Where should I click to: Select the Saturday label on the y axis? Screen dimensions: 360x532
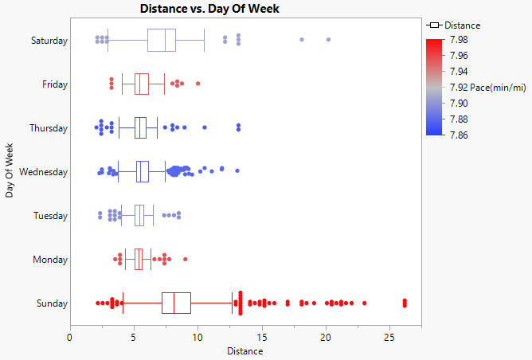49,41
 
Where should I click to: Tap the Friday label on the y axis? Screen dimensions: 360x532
55,84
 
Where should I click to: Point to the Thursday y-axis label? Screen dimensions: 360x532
49,128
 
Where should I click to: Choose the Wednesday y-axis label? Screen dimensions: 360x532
44,172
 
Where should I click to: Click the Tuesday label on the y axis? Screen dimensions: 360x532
51,216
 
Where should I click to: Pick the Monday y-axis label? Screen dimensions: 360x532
52,260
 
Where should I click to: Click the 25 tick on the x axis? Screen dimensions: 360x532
389,336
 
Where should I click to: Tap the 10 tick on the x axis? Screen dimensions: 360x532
198,336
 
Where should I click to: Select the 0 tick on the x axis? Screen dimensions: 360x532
70,336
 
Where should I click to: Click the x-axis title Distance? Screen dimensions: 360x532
245,350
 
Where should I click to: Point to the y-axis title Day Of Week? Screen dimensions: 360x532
10,170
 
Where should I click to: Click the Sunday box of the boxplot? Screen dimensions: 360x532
176,303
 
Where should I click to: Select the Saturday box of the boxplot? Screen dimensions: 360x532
162,40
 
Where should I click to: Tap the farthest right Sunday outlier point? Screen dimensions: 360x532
405,302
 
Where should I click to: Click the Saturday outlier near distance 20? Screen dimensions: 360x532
328,40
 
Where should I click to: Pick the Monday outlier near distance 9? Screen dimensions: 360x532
186,259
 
